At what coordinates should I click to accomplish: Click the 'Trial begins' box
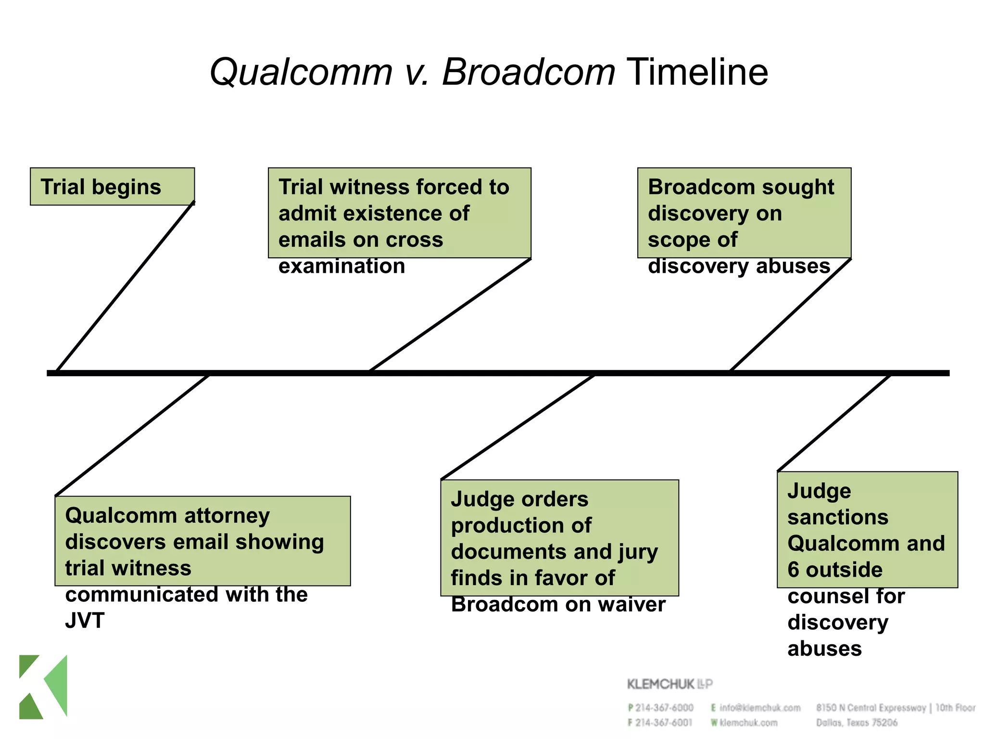(x=112, y=187)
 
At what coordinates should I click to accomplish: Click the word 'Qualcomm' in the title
(x=301, y=72)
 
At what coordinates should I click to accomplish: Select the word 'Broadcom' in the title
(x=528, y=72)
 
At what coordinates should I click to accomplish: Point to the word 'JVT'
(x=85, y=621)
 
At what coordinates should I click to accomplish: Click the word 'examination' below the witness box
(x=341, y=266)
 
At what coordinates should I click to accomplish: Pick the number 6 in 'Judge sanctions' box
(x=793, y=570)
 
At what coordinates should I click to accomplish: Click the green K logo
(x=43, y=687)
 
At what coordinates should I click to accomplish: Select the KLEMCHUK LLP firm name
(x=669, y=684)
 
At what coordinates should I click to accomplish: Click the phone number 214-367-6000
(x=664, y=708)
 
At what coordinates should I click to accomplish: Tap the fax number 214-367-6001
(x=664, y=723)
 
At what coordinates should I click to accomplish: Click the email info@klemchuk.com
(x=759, y=708)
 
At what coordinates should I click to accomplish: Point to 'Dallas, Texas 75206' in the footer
(x=857, y=723)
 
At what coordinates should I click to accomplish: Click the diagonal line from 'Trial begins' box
(x=125, y=287)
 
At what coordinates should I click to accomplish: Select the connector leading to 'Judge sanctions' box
(x=834, y=423)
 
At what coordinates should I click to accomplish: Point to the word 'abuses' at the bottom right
(x=824, y=649)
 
